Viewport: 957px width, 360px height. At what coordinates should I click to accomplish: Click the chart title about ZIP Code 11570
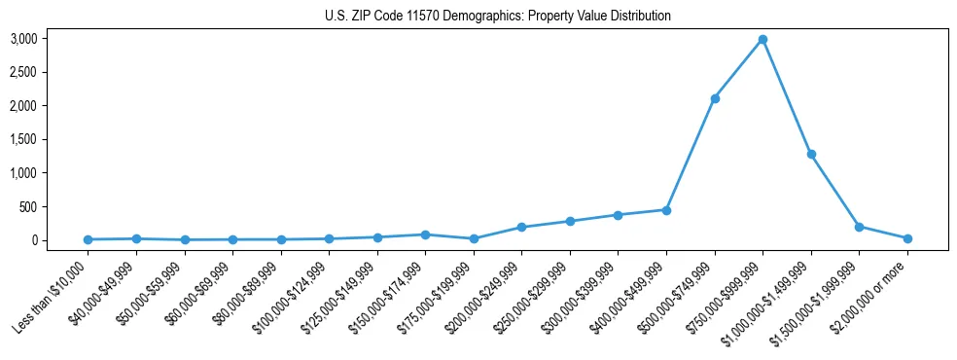(x=497, y=16)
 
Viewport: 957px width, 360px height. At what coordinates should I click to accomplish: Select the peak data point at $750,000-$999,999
(x=762, y=40)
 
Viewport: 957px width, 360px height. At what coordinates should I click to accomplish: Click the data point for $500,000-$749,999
(x=715, y=98)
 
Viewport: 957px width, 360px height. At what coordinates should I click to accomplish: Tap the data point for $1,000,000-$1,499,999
(x=811, y=154)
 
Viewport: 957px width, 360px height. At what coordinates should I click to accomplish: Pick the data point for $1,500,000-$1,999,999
(x=859, y=227)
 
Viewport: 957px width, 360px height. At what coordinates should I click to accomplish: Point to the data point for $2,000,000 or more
(x=907, y=238)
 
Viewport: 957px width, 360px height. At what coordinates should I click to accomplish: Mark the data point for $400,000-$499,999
(x=666, y=210)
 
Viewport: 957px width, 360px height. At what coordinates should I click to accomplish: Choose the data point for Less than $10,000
(x=88, y=239)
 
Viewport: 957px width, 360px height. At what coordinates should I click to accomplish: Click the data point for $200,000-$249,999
(x=521, y=228)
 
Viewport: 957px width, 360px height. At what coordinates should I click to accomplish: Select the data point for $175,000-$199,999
(x=474, y=238)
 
